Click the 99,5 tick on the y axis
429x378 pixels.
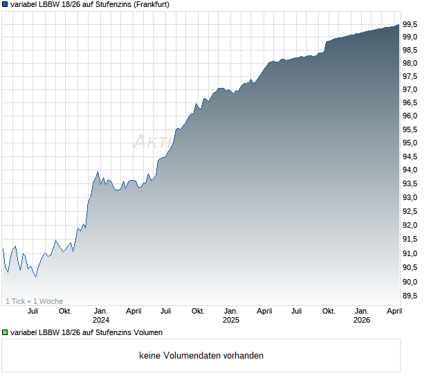(410, 24)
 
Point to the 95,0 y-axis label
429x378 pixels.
(410, 143)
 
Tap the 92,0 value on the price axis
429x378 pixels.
(410, 226)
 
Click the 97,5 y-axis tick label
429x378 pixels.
(410, 77)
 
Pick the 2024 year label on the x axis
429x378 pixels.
(101, 320)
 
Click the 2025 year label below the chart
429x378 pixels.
(230, 320)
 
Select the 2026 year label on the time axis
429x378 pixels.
(361, 320)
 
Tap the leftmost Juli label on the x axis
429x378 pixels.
(33, 311)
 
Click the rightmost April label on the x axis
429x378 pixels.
(394, 311)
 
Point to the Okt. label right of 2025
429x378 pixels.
(329, 311)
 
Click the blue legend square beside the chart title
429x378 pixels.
(5, 4)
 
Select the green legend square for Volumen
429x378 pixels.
(5, 333)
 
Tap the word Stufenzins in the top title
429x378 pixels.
(100, 4)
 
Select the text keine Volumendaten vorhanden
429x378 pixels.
(201, 356)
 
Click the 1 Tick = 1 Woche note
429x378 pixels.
(34, 301)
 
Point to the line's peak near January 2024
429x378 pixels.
(98, 172)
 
